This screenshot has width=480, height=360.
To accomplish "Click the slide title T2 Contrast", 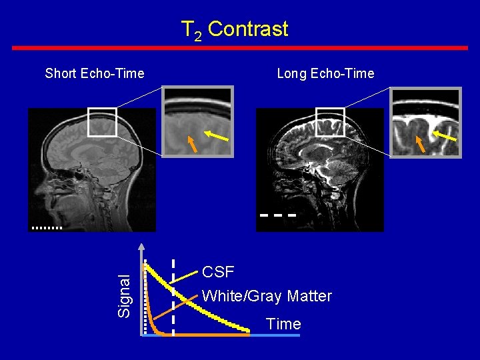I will pos(235,29).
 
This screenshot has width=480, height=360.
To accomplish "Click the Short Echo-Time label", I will pos(95,73).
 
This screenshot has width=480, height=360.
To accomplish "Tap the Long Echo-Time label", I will pos(325,73).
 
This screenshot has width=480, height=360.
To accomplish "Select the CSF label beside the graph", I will pos(218,272).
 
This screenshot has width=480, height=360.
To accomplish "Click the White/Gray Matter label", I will pos(267,296).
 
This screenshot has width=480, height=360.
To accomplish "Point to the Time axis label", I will pos(283,324).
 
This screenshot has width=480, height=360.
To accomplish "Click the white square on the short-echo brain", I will pos(102,122).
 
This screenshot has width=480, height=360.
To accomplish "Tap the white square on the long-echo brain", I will pos(329,121).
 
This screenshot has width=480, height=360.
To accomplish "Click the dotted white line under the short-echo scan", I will pos(46,228).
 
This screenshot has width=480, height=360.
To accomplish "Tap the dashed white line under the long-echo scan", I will pos(277,216).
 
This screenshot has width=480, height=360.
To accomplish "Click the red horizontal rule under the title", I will pos(240,48).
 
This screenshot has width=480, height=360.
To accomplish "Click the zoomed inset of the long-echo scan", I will pos(426,123).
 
